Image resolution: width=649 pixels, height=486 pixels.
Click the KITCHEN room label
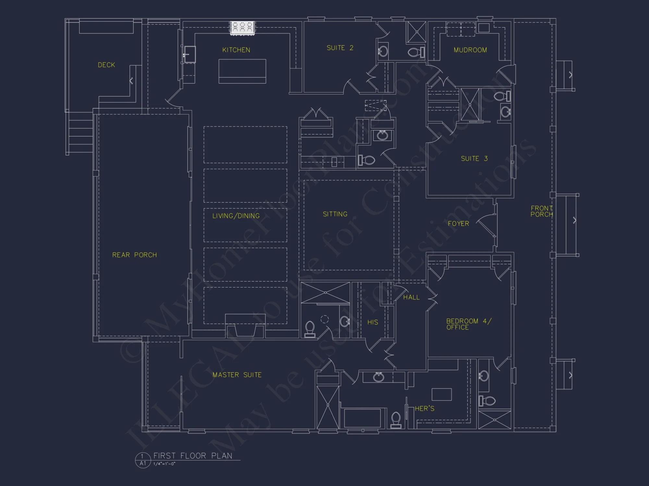click(x=236, y=50)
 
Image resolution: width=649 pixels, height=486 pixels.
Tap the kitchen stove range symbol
click(x=242, y=28)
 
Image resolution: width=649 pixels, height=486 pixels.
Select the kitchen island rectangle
click(x=242, y=71)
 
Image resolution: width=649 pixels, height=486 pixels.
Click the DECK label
click(x=106, y=65)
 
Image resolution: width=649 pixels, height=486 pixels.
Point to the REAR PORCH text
click(x=134, y=255)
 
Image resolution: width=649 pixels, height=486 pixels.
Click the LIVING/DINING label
click(x=236, y=216)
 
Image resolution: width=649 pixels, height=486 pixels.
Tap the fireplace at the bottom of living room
click(x=245, y=327)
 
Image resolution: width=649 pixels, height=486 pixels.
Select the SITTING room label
click(x=335, y=214)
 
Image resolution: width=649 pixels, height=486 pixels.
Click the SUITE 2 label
click(x=340, y=48)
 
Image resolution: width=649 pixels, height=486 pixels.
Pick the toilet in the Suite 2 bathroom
click(x=416, y=52)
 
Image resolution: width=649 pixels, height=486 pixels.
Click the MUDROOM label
click(x=470, y=50)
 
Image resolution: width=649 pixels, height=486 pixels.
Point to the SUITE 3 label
click(x=474, y=158)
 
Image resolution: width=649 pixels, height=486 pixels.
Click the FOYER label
click(x=458, y=224)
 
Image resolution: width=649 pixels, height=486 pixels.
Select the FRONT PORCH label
click(x=541, y=211)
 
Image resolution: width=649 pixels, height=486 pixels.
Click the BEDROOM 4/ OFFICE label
click(x=468, y=324)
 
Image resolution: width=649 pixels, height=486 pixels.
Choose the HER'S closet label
click(x=424, y=409)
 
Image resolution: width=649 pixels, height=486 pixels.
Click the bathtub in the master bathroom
click(x=362, y=418)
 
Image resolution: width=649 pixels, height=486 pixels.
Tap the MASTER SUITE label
click(x=237, y=375)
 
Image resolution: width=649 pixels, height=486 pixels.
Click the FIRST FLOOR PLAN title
click(x=193, y=456)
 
